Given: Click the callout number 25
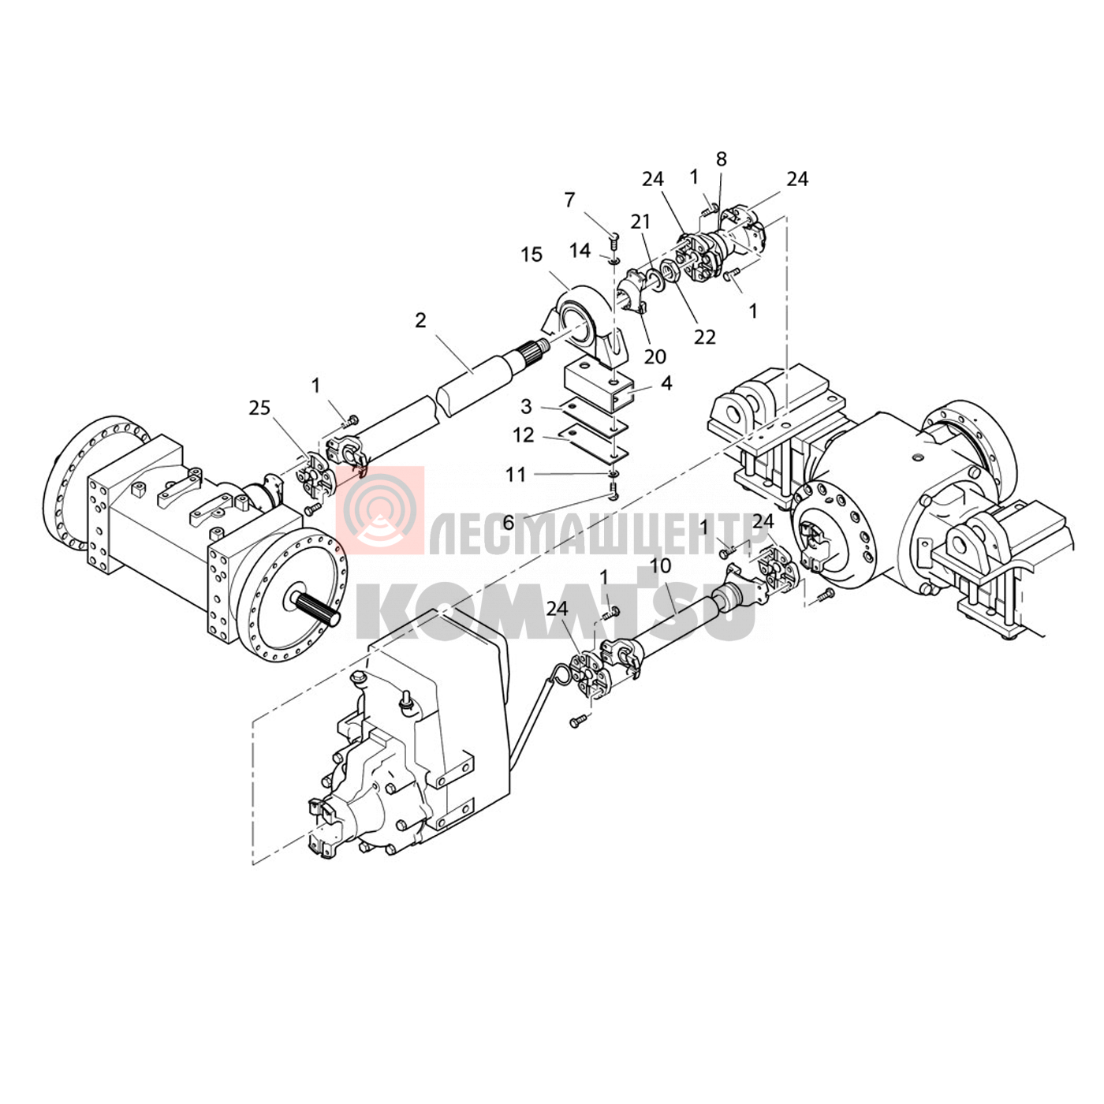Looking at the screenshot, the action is click(259, 408).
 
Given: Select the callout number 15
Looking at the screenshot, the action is click(531, 255).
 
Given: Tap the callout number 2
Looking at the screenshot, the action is click(420, 320).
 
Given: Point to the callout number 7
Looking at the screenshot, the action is click(569, 200).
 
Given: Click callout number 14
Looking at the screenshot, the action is click(580, 250).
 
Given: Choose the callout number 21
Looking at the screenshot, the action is click(641, 222).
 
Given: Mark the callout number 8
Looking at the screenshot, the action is click(722, 159).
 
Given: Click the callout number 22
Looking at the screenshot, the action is click(705, 338).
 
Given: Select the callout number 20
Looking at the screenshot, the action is click(655, 356).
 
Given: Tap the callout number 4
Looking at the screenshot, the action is click(666, 383).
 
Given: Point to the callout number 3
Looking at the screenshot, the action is click(526, 407).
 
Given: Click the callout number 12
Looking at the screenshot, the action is click(523, 435).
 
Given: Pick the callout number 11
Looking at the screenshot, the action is click(516, 475).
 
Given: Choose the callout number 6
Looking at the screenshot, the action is click(508, 523).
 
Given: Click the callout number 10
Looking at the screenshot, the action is click(660, 565).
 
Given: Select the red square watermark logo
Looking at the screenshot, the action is click(379, 510).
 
